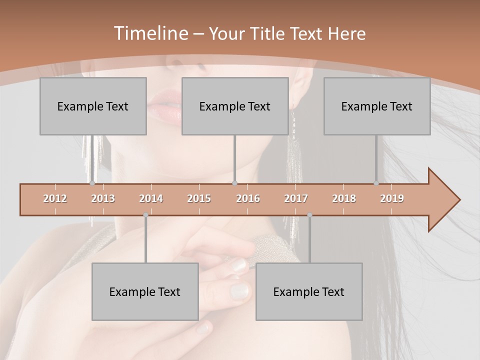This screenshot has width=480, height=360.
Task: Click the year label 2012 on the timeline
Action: click(55, 198)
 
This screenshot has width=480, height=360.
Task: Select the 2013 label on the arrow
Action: click(103, 198)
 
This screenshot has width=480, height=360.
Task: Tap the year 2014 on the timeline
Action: click(151, 198)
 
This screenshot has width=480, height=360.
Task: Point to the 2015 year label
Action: click(199, 198)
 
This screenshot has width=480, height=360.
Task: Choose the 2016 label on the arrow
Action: click(248, 198)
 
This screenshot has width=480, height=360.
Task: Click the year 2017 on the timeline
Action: click(296, 198)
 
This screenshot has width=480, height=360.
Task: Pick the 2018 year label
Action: click(344, 198)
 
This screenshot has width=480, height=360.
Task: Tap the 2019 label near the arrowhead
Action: click(392, 198)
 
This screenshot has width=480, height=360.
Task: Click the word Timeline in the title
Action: click(149, 33)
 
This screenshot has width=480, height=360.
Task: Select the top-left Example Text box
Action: click(93, 106)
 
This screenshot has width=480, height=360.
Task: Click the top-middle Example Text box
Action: click(235, 106)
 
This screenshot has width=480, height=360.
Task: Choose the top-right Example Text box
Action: click(377, 106)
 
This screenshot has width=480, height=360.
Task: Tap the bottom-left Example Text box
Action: click(145, 292)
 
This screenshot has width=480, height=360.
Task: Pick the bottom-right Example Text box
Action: click(309, 292)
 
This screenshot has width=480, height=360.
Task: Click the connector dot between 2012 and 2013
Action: click(92, 183)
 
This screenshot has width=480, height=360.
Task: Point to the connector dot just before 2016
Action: click(235, 183)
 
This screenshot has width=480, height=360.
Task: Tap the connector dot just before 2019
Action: click(376, 183)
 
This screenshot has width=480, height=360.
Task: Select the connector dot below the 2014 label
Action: click(145, 215)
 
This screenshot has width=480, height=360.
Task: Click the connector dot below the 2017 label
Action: click(309, 215)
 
